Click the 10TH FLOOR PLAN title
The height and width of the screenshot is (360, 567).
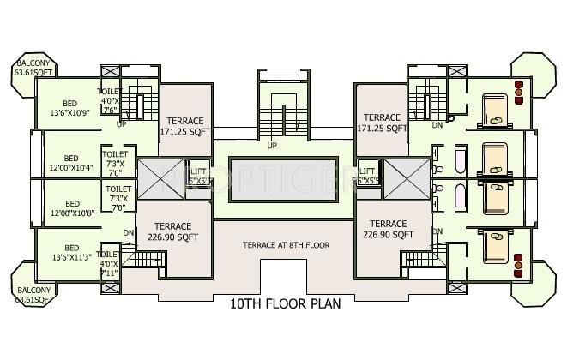[285, 304]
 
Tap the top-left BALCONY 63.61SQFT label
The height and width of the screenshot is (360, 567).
[33, 68]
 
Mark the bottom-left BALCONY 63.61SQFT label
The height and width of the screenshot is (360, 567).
[33, 294]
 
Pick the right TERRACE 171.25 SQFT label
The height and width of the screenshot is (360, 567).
[383, 123]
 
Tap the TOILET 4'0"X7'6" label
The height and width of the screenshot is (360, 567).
[110, 99]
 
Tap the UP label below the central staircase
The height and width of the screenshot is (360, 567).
[272, 145]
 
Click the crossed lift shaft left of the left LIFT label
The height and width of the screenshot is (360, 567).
[156, 177]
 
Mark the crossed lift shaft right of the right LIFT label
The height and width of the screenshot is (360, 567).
[400, 177]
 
